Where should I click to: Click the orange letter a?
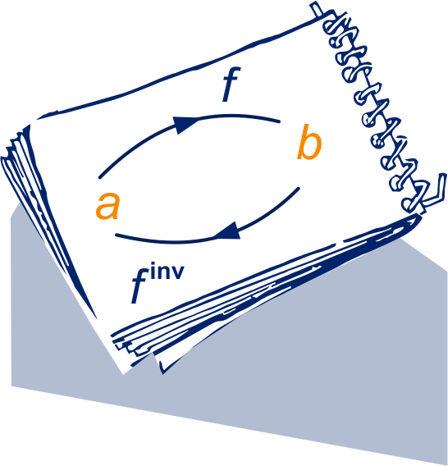coord(107,206)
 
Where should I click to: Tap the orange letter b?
coord(309,142)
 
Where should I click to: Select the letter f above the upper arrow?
coord(231,85)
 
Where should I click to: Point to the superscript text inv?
coord(167,271)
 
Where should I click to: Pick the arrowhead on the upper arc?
coord(185,124)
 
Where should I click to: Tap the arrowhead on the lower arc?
coord(228,231)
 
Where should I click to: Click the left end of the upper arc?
coord(100,178)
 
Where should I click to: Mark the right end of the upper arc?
coord(279,121)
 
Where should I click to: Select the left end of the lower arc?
coord(117,235)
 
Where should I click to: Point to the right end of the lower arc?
coord(299,188)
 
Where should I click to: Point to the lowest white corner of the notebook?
coord(124,373)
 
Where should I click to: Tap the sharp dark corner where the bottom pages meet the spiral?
coord(419,217)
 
